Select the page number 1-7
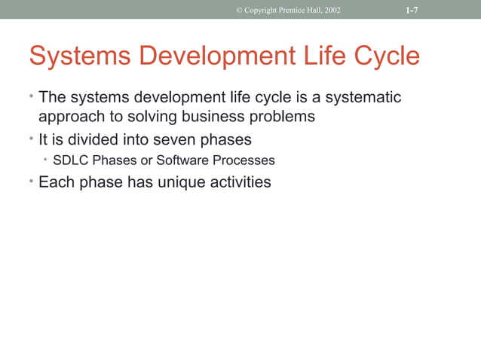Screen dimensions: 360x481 412,10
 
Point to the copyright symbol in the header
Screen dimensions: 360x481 239,10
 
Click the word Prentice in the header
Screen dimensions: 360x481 291,10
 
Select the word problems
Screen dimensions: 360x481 284,117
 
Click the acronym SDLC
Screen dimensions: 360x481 71,160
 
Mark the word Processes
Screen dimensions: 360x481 244,160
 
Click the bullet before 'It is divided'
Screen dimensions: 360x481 32,139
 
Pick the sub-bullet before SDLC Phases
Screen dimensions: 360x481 46,160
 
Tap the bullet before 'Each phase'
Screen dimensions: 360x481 32,181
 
